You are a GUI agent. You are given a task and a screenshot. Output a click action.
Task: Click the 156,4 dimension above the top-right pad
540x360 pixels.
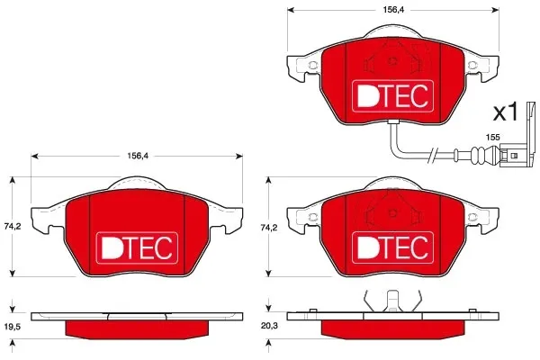point(393,10)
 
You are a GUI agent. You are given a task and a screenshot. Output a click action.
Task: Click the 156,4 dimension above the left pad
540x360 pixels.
point(138,156)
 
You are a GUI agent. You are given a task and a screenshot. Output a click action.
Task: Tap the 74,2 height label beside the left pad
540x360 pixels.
point(13,227)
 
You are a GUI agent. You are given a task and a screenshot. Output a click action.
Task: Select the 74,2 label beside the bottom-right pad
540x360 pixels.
point(269,228)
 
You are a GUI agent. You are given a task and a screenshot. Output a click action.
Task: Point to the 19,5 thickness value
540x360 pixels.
point(13,326)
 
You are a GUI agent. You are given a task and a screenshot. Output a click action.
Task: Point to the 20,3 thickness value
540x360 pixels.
point(269,325)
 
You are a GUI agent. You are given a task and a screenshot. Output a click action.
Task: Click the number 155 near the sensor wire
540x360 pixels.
point(492,137)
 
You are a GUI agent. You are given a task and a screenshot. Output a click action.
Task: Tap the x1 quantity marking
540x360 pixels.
point(506,112)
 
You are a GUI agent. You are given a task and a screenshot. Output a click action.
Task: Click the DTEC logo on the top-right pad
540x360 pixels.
point(392,95)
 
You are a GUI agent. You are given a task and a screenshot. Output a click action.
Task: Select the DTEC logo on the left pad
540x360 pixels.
point(137,248)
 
